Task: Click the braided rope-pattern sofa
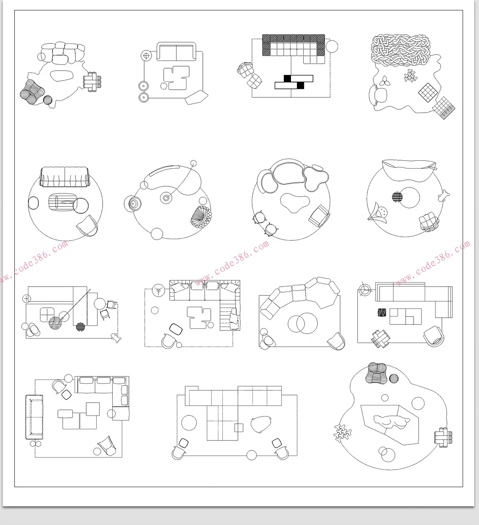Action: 400,50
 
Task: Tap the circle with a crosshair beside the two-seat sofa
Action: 146,56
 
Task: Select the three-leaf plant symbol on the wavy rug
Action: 384,81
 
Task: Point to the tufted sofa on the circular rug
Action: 65,177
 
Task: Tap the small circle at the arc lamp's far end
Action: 194,163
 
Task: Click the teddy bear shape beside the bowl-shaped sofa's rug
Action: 443,196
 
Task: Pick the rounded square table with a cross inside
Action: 47,314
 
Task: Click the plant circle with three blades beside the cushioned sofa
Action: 158,290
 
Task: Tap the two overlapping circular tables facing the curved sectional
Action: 303,323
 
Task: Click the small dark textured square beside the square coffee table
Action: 382,312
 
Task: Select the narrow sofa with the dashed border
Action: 34,417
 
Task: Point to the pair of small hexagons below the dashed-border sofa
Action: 36,444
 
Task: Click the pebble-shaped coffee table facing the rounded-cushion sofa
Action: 61,76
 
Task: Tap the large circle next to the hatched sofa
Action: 332,46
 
